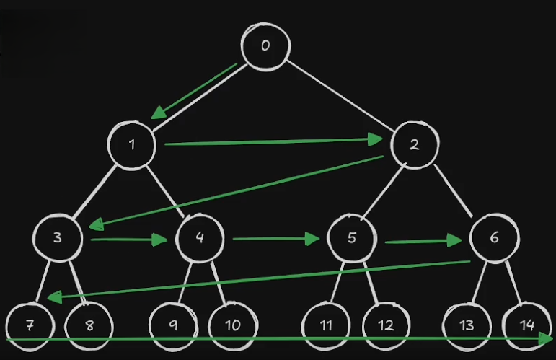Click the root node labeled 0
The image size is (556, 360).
tap(265, 46)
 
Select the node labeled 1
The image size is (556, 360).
tap(133, 144)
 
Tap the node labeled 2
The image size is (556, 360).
tap(414, 144)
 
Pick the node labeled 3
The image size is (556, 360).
tap(57, 237)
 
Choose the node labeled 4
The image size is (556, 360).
tap(198, 237)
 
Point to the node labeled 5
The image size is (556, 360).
tap(351, 237)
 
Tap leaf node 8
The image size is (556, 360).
tap(89, 325)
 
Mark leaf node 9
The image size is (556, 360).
tap(173, 325)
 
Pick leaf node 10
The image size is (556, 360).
tap(232, 325)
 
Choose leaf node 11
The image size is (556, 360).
tap(326, 325)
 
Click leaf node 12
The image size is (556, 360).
tap(386, 325)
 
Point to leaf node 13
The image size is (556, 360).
tap(467, 325)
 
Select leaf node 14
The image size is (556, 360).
tap(526, 325)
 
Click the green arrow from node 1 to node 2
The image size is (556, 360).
tap(274, 142)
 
